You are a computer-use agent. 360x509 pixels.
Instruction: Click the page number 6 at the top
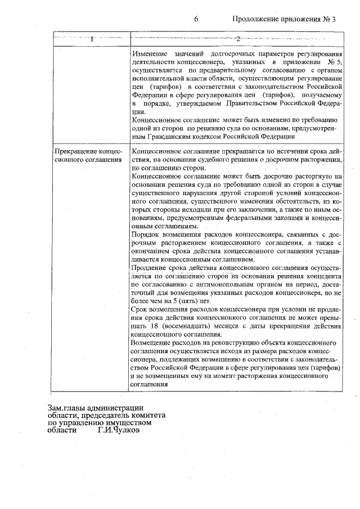197,19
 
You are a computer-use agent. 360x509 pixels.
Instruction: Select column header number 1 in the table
91,39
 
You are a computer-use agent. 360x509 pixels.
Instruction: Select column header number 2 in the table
237,39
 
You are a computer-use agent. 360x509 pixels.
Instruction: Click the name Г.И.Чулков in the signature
118,430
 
